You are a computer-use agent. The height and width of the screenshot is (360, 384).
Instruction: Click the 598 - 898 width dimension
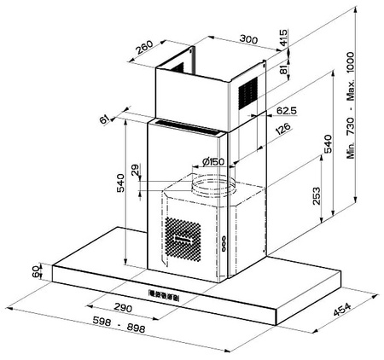click(x=119, y=325)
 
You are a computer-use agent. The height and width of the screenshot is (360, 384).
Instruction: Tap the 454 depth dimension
click(x=342, y=310)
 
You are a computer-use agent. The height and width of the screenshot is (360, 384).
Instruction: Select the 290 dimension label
click(x=123, y=308)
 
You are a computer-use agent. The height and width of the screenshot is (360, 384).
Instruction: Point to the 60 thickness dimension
click(x=36, y=272)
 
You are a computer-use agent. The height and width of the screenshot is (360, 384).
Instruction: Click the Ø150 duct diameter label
click(x=213, y=162)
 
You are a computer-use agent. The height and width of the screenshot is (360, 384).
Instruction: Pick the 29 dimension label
click(x=136, y=170)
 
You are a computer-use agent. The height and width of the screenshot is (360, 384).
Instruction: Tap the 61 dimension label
click(x=104, y=119)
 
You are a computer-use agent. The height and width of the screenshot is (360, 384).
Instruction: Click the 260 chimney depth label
click(x=144, y=48)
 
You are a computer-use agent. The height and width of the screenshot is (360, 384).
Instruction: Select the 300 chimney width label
click(x=248, y=39)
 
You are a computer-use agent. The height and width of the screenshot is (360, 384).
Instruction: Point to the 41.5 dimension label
click(x=283, y=38)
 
